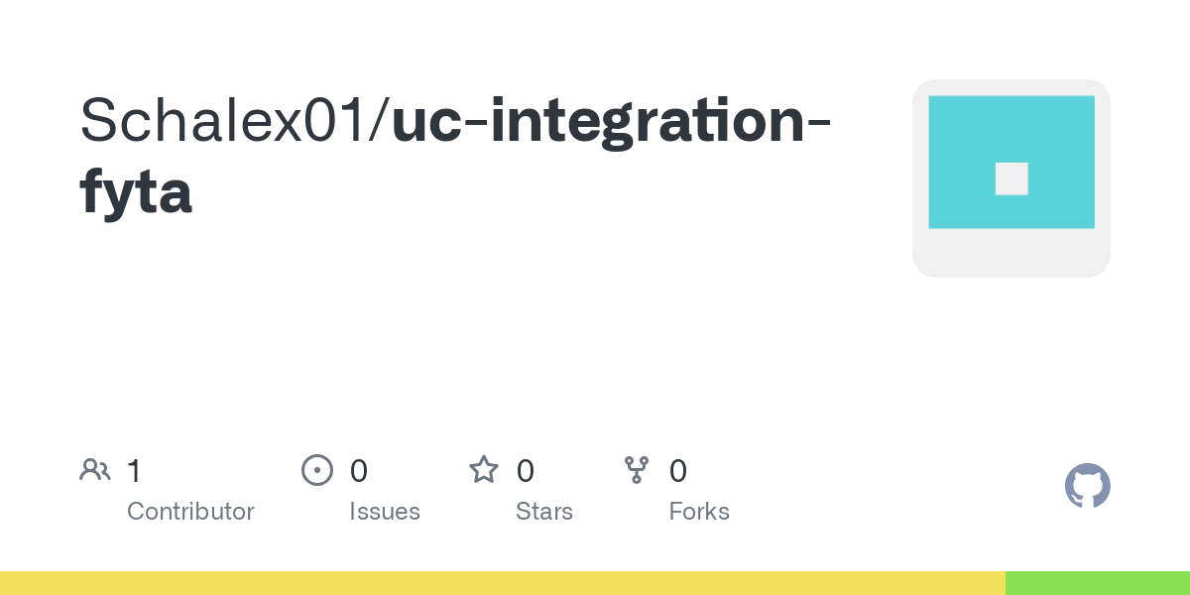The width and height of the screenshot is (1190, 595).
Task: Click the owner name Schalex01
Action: click(223, 120)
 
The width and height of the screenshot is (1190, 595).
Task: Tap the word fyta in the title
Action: click(136, 191)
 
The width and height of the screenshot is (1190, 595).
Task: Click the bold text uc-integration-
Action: click(611, 123)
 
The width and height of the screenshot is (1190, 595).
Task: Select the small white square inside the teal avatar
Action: click(1011, 179)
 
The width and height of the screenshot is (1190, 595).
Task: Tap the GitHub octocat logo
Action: click(1088, 486)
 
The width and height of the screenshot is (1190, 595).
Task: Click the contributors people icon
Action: click(95, 470)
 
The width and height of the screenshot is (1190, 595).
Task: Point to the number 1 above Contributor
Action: click(134, 471)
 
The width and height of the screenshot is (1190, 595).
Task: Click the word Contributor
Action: click(190, 512)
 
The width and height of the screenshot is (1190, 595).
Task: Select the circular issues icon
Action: click(317, 470)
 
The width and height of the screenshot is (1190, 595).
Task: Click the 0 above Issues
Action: click(359, 471)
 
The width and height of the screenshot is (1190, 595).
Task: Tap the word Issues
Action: click(385, 512)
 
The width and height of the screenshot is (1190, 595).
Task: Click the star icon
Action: click(484, 470)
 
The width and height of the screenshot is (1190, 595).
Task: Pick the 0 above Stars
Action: click(526, 471)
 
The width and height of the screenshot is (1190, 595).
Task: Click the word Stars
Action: click(544, 512)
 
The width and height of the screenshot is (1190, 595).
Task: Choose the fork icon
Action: click(637, 470)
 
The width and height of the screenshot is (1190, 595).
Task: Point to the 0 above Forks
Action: click(678, 471)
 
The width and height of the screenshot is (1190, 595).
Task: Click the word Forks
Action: click(699, 512)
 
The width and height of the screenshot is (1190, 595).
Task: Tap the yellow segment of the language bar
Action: click(503, 583)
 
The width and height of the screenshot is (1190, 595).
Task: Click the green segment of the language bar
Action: click(1098, 583)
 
